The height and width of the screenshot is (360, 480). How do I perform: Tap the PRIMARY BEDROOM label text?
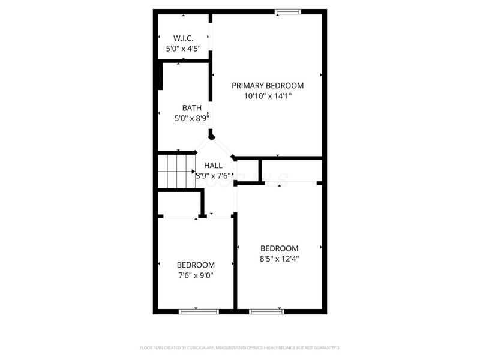pos(268,85)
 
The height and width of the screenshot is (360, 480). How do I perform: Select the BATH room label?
pos(191,108)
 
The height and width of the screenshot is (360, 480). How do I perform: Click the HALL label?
pos(213,165)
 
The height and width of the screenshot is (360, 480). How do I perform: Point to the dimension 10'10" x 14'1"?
pos(268,95)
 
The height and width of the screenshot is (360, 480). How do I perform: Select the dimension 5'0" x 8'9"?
pos(191,118)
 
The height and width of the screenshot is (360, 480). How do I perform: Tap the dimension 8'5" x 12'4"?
pos(279,259)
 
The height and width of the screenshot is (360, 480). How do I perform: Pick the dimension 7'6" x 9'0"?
pos(195,275)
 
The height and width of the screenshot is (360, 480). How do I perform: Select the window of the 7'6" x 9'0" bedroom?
pos(199,311)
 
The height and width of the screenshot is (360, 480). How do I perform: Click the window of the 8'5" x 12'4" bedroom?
pos(266,311)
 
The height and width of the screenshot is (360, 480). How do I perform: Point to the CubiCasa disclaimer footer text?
pos(240,347)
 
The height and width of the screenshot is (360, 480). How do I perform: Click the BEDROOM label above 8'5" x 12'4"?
pos(279,248)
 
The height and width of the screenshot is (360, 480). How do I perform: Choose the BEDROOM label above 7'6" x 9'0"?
pos(195,265)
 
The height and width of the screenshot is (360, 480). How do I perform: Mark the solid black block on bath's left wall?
pos(160,76)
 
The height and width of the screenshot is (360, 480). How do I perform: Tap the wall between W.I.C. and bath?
pos(183,60)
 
